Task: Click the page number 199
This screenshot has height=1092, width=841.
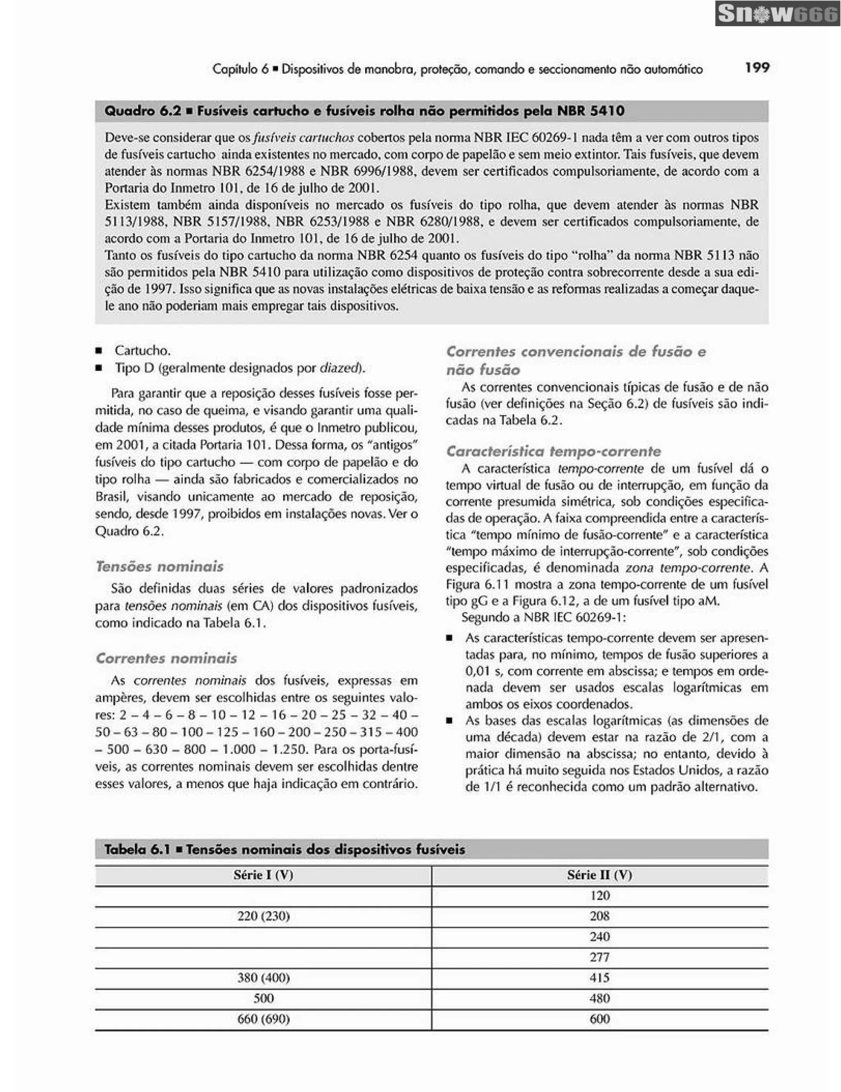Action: point(756,67)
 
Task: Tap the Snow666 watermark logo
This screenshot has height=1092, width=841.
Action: point(777,14)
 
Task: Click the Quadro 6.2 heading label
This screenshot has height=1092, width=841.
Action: point(142,111)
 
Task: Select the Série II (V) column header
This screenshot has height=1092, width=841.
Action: point(599,874)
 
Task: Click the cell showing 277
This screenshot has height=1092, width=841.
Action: point(599,957)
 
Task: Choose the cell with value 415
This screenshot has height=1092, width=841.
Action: point(599,977)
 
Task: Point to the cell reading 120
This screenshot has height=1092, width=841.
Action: point(599,895)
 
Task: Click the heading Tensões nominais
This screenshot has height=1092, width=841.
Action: point(159,567)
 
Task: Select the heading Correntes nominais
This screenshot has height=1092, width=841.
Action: point(166,658)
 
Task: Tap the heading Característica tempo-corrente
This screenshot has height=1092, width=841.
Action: point(553,452)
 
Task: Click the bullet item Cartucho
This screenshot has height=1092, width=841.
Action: point(142,350)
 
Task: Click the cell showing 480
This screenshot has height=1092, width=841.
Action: point(599,998)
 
